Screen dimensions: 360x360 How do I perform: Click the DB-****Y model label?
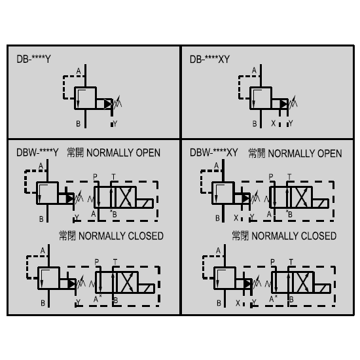click(x=33, y=59)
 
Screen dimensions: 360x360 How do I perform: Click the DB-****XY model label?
click(x=209, y=59)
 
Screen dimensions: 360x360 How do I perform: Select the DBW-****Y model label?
click(x=37, y=153)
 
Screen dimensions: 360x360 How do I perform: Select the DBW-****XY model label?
click(x=214, y=153)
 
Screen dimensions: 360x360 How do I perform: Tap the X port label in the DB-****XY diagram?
click(x=273, y=123)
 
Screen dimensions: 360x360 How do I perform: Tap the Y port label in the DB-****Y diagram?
click(x=115, y=124)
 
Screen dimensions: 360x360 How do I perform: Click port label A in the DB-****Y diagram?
click(x=79, y=71)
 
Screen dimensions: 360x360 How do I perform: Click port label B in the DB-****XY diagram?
click(x=255, y=124)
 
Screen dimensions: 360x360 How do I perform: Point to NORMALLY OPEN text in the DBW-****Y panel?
click(x=123, y=153)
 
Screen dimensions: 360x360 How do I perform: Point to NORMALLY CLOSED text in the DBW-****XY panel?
click(x=294, y=236)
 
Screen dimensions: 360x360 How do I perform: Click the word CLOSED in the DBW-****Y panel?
click(x=145, y=236)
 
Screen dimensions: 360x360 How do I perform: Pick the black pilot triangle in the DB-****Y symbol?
click(x=107, y=104)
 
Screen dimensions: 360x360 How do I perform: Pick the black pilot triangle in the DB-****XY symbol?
click(x=283, y=104)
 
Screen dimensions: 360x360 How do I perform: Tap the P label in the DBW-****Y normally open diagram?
click(x=96, y=177)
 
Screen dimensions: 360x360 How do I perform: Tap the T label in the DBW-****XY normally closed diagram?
click(x=291, y=262)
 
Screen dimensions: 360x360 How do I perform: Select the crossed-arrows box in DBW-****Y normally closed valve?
click(x=126, y=282)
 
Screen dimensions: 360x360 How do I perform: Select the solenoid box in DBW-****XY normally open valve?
click(x=320, y=204)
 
